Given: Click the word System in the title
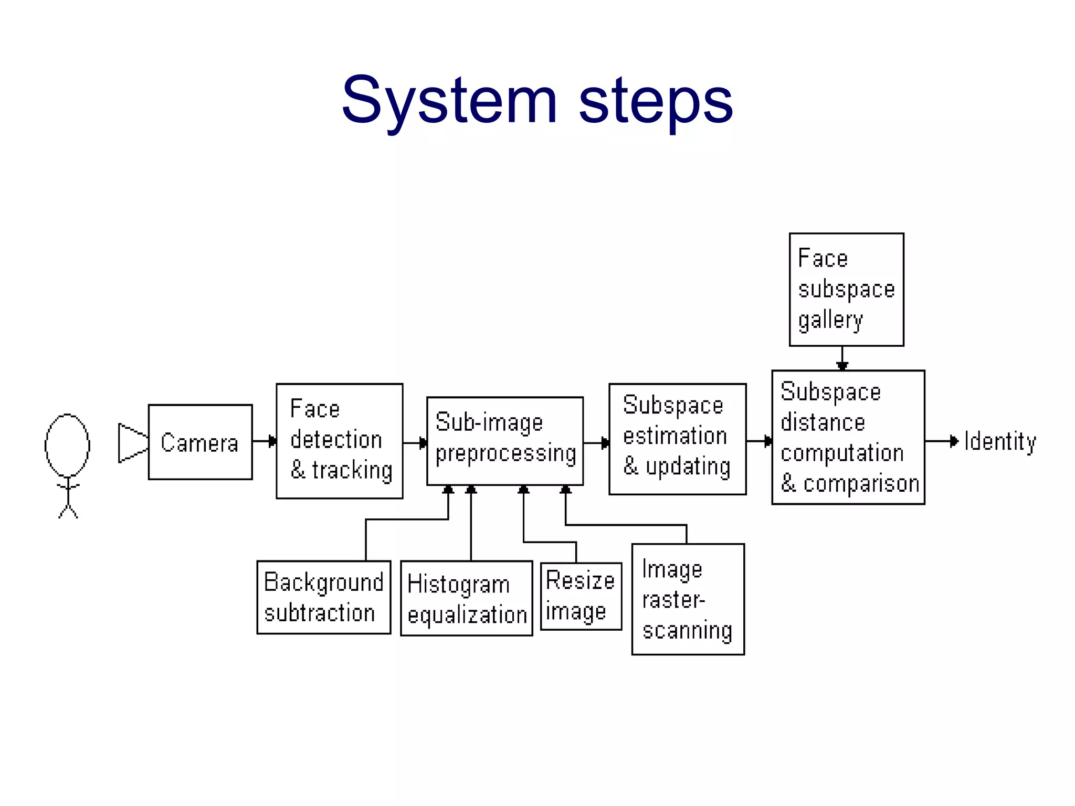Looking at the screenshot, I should pyautogui.click(x=449, y=101).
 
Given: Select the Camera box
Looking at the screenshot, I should pyautogui.click(x=200, y=442).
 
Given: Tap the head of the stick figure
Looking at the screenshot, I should pyautogui.click(x=67, y=445).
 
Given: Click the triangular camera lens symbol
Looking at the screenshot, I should pyautogui.click(x=131, y=443).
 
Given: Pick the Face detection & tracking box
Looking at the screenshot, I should pyautogui.click(x=340, y=441).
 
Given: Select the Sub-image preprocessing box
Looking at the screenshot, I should pyautogui.click(x=505, y=441).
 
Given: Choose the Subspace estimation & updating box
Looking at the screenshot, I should pyautogui.click(x=677, y=439).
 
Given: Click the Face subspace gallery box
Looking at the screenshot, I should pyautogui.click(x=846, y=290).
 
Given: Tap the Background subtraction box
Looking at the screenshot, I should pyautogui.click(x=323, y=597).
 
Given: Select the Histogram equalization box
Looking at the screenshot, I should pyautogui.click(x=466, y=598).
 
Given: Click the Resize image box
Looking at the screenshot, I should pyautogui.click(x=581, y=596).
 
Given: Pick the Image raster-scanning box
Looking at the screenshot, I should pyautogui.click(x=688, y=599).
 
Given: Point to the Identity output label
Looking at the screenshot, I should pyautogui.click(x=1000, y=442).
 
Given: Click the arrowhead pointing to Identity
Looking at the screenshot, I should pyautogui.click(x=954, y=441).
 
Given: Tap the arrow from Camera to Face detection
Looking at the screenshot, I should pyautogui.click(x=265, y=441).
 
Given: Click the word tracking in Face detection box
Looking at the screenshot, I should pyautogui.click(x=352, y=470).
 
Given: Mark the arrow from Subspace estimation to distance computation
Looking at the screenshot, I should pyautogui.click(x=759, y=441).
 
